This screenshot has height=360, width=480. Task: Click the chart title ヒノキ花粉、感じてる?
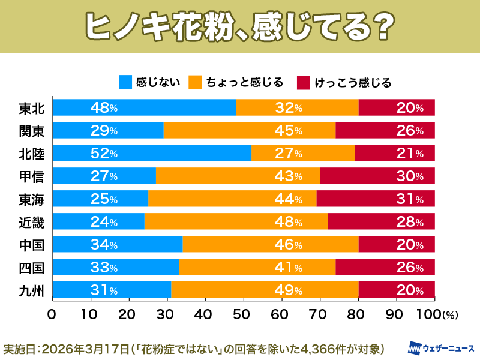pyautogui.click(x=239, y=26)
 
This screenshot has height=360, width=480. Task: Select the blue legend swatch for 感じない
pyautogui.click(x=125, y=82)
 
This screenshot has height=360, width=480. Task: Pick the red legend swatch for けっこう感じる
pyautogui.click(x=304, y=82)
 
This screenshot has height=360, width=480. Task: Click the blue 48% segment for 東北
pyautogui.click(x=144, y=108)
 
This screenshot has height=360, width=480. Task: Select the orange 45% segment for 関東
pyautogui.click(x=250, y=130)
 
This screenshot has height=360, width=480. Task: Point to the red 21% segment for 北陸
pyautogui.click(x=394, y=153)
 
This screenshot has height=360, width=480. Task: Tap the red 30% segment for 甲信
pyautogui.click(x=377, y=176)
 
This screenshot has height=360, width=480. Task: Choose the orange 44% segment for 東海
pyautogui.click(x=232, y=199)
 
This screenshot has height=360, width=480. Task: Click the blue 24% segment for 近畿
pyautogui.click(x=99, y=221)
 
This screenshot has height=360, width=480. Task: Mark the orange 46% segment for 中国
pyautogui.click(x=271, y=244)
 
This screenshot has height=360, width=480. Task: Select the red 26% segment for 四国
pyautogui.click(x=385, y=267)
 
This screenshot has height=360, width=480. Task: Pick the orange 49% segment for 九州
pyautogui.click(x=265, y=290)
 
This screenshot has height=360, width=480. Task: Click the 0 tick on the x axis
pyautogui.click(x=52, y=314)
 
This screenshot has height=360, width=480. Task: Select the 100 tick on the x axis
pyautogui.click(x=427, y=314)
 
